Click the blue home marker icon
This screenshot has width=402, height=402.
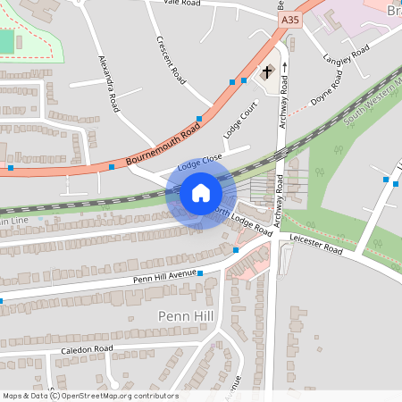point(201,193)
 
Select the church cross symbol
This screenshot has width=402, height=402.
point(266,72)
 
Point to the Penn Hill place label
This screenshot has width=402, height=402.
point(185,316)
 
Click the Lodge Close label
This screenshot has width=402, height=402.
point(199,163)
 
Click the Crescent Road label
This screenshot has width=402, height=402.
point(170,61)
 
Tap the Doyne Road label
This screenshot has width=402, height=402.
point(327,97)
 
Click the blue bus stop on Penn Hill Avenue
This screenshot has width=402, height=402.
point(200,273)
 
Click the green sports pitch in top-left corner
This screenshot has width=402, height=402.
point(7,41)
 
